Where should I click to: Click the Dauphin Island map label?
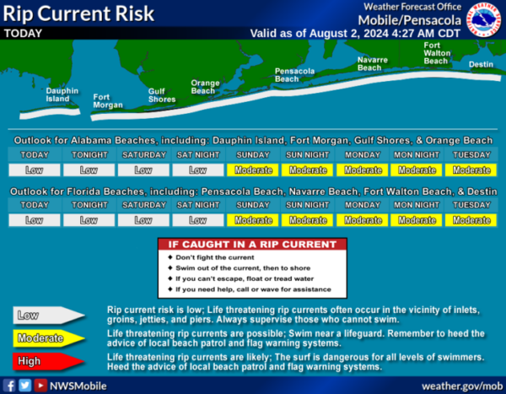62,94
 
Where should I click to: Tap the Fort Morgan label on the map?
108,101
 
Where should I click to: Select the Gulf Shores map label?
162,95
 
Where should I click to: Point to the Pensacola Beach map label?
294,75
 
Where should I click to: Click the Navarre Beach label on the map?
373,63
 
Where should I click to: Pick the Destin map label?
481,64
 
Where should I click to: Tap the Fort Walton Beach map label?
437,53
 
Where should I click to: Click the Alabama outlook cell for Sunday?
253,170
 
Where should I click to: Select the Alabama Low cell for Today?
35,170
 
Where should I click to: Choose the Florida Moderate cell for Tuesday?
471,220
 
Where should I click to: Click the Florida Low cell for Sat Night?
198,220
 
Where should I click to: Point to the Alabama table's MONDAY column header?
363,155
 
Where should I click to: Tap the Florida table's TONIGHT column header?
89,205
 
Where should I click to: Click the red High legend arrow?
48,361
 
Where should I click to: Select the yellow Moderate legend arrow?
48,338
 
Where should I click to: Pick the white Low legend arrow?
48,316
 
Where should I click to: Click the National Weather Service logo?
484,19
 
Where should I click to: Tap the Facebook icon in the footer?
9,386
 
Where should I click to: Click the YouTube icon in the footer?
40,386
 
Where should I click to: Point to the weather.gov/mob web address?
462,386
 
